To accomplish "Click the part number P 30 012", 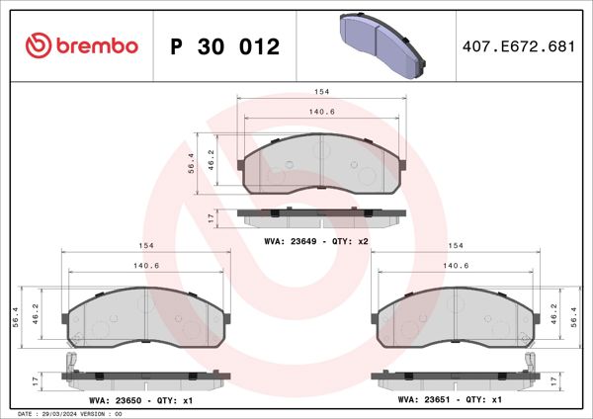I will point(225,46).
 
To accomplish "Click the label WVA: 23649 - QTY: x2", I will point(316,240).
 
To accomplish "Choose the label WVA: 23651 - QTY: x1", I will point(451,400).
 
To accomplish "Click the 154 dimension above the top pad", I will point(321,91).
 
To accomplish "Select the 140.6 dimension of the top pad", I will point(321,112).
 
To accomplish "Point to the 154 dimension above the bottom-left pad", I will point(145,246).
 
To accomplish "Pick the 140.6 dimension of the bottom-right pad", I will point(456,266).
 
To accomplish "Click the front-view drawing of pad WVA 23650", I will point(145,317).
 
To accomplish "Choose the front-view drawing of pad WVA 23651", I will point(456,317).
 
